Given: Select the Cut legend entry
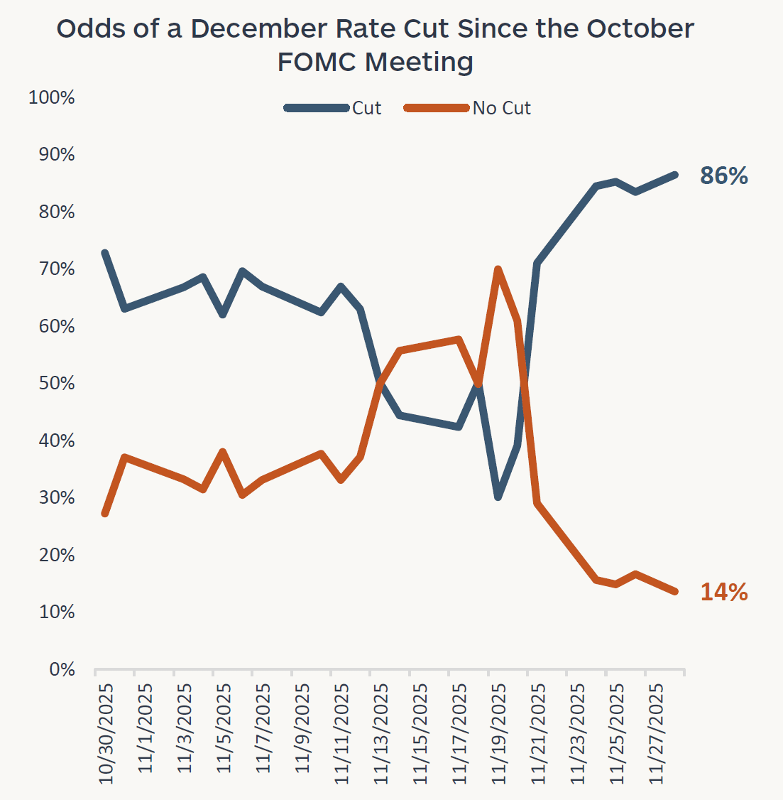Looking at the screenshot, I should [x=366, y=108].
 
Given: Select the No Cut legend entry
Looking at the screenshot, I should [x=501, y=108].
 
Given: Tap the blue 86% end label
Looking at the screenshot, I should [x=723, y=175].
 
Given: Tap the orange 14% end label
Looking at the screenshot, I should [x=723, y=592].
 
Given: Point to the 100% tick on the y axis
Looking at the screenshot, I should [x=52, y=97].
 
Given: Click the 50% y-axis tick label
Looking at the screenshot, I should [x=57, y=384].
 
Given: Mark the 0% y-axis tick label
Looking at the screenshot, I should [x=62, y=669].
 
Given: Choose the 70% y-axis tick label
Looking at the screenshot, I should [x=57, y=269].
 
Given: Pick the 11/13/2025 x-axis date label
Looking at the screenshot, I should [x=381, y=734].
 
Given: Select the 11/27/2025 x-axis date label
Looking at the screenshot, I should [x=657, y=734].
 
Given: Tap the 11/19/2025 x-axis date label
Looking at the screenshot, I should [x=499, y=734].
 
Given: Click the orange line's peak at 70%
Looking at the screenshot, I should [x=498, y=269].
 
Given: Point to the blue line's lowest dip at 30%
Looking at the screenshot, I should [x=498, y=497].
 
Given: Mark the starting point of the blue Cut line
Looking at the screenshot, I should [x=105, y=253].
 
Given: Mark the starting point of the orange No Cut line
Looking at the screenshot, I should [x=105, y=513].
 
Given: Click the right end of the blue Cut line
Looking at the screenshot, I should [x=674, y=175].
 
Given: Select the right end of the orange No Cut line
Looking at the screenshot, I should [x=674, y=591].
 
